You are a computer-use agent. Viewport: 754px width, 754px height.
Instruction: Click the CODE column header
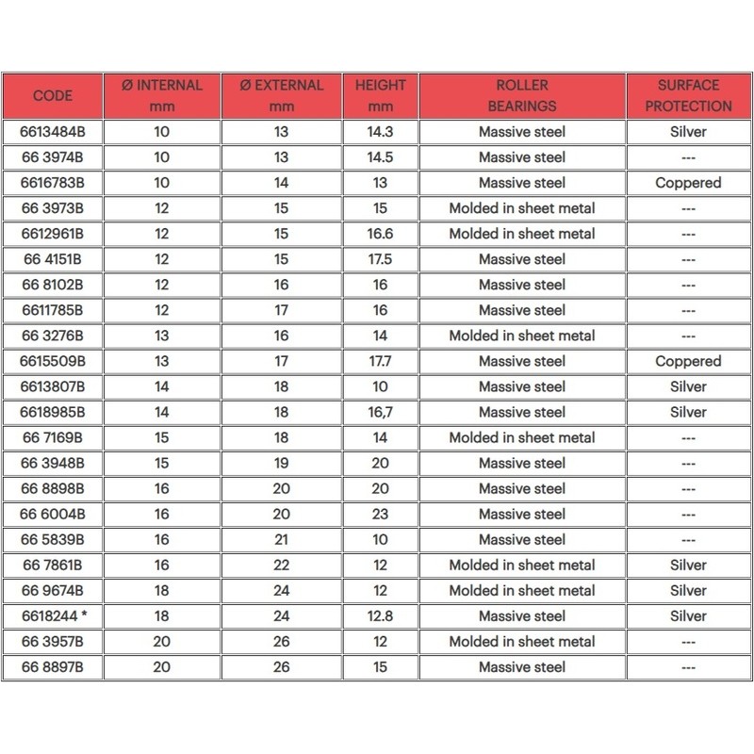53,95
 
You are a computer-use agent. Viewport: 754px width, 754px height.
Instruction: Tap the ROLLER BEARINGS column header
522,95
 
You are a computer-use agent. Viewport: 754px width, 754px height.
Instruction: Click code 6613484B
53,132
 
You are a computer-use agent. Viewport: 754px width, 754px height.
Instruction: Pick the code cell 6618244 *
53,615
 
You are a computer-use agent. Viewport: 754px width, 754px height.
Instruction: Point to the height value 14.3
380,132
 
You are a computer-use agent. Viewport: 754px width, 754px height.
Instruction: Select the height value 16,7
380,412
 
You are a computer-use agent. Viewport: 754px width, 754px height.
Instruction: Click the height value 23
380,514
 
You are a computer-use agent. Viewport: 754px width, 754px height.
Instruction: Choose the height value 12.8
380,615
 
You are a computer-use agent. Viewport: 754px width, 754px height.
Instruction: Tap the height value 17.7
380,361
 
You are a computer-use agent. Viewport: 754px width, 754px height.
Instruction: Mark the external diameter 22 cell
281,565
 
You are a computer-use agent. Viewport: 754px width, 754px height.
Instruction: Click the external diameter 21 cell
281,539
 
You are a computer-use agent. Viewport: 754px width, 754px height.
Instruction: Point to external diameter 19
281,463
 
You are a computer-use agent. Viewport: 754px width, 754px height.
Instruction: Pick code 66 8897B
53,666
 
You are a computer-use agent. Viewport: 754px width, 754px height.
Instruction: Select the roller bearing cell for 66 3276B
522,336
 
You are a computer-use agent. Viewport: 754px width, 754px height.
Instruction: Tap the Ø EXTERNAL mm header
281,95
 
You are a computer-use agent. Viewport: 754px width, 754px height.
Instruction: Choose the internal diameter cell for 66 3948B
161,463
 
